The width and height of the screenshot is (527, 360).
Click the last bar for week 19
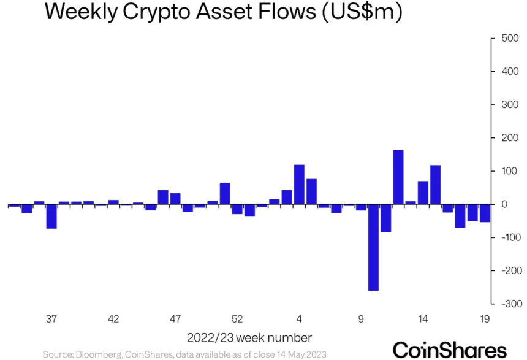pos(485,213)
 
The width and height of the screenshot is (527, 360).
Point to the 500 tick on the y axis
pos(509,39)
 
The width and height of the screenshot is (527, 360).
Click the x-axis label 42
pos(113,319)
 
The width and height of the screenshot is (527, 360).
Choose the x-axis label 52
pos(237,319)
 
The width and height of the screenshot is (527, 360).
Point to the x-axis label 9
pos(361,319)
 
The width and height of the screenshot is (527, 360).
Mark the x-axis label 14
pos(423,319)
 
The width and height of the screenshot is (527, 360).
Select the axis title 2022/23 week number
pos(249,337)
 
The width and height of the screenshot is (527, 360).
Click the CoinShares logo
pos(450,349)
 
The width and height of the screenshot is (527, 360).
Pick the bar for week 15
pos(435,184)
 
